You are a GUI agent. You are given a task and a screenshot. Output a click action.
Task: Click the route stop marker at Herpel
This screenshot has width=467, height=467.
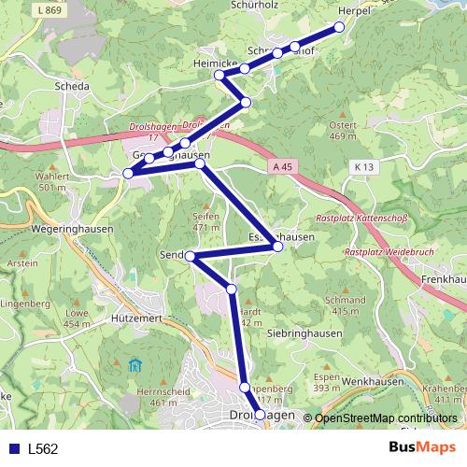(x=339, y=26)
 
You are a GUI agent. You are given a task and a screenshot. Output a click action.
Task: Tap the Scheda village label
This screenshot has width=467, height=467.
(x=73, y=86)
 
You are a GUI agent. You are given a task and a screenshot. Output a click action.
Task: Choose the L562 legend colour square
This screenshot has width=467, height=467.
(x=14, y=448)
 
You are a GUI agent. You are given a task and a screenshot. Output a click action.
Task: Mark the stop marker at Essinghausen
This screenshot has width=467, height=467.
(x=276, y=247)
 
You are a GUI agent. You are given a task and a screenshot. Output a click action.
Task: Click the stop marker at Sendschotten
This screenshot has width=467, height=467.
(x=190, y=256)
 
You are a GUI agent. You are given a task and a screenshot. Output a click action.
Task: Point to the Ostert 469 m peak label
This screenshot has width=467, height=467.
(x=344, y=131)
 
